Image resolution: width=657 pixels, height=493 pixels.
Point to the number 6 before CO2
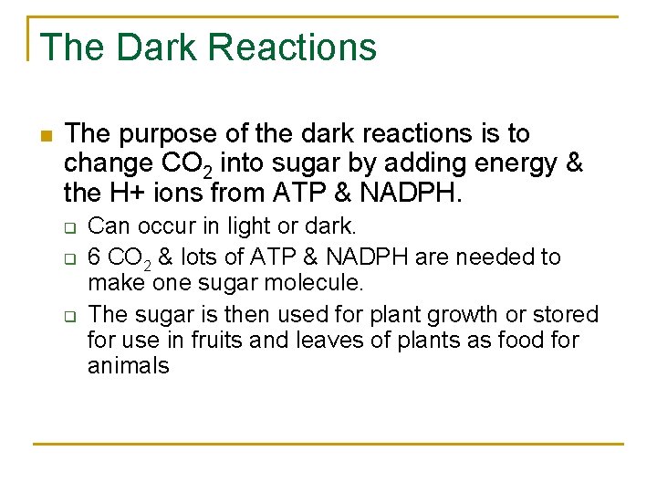[94, 257]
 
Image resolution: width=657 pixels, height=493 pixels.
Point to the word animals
[129, 366]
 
